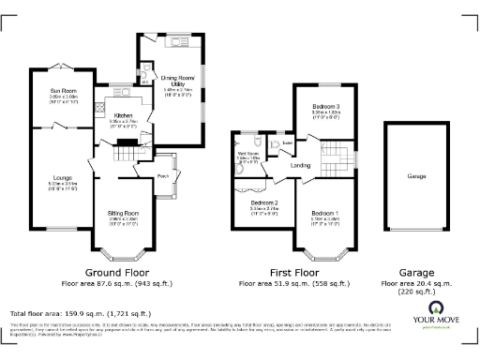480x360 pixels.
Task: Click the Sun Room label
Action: [x=64, y=91]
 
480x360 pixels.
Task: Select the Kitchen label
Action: [x=124, y=115]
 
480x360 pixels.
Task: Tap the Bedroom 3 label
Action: [x=326, y=108]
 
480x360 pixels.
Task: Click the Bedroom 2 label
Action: [x=264, y=202]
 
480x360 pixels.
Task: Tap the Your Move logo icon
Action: [x=436, y=307]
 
